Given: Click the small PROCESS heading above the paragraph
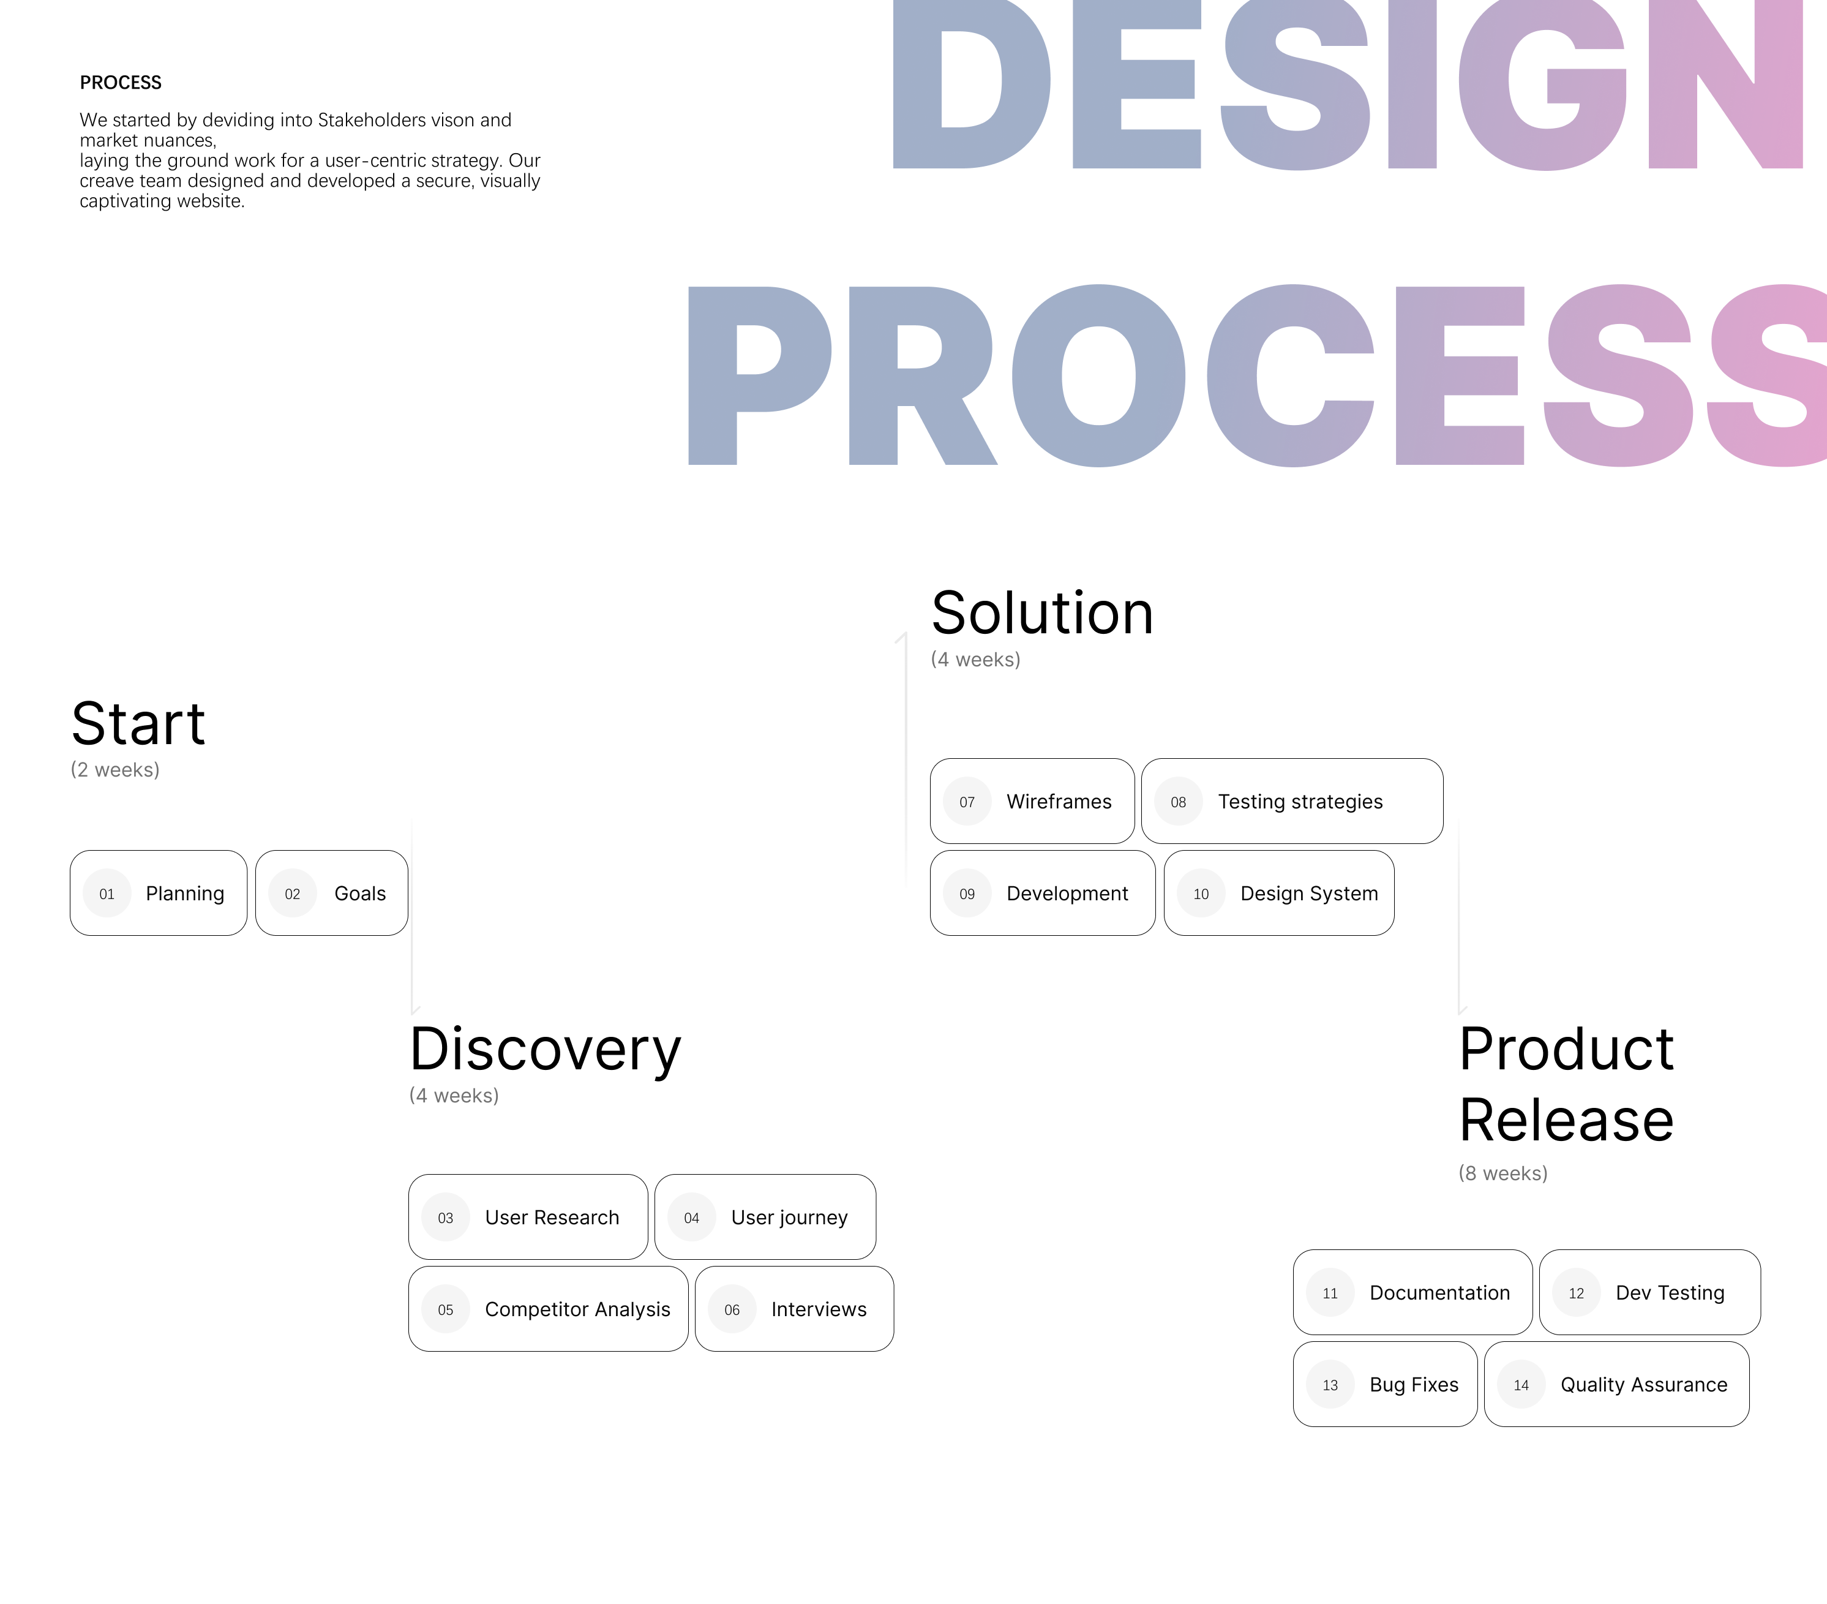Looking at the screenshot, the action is pos(121,82).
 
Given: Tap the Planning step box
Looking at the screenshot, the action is pos(158,893).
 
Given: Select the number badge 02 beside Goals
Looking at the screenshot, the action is pos(292,893).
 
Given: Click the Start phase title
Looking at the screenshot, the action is pos(138,723).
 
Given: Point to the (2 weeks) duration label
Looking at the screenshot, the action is pos(115,770).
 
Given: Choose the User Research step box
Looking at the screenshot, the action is pos(528,1217).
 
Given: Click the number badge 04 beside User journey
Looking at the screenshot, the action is pos(692,1218).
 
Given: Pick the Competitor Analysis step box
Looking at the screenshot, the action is pos(549,1309).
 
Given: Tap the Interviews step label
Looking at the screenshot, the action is pos(819,1309).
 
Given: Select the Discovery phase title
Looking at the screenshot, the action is pos(546,1050).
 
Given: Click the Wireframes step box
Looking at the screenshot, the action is pos(1032,801).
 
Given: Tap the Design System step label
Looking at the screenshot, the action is pos(1310,893).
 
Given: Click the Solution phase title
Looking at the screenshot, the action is pos(1042,613).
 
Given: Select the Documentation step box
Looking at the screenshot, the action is pos(1413,1292).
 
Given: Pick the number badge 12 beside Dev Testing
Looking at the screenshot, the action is pos(1577,1293).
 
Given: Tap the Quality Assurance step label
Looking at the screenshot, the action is pos(1644,1385).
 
